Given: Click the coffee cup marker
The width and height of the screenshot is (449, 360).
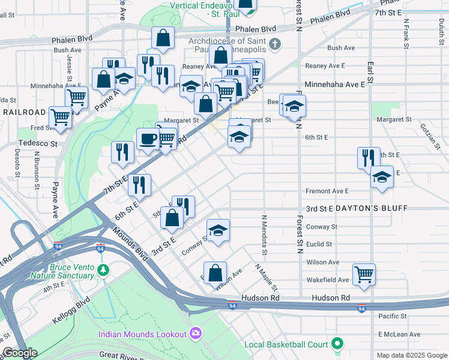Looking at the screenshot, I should click(x=148, y=140).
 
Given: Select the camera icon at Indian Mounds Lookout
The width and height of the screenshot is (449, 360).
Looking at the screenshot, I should click(x=195, y=333).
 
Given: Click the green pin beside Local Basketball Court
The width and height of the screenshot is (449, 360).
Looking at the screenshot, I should click(x=337, y=344).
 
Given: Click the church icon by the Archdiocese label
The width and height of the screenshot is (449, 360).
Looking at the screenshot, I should click(x=275, y=43).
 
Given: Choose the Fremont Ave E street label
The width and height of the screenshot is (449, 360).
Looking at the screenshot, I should click(x=327, y=191).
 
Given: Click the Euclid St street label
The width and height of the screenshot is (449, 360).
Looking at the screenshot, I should click(x=319, y=244).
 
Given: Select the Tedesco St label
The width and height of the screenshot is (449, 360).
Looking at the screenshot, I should click(x=37, y=143).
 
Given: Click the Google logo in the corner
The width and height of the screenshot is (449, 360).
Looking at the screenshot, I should click(x=20, y=353).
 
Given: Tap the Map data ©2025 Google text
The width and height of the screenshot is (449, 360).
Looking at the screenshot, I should click(x=411, y=355).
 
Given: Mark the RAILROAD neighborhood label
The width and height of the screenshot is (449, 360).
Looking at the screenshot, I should click(x=23, y=112).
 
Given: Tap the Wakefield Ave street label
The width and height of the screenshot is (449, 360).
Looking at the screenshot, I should click(x=327, y=280).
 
